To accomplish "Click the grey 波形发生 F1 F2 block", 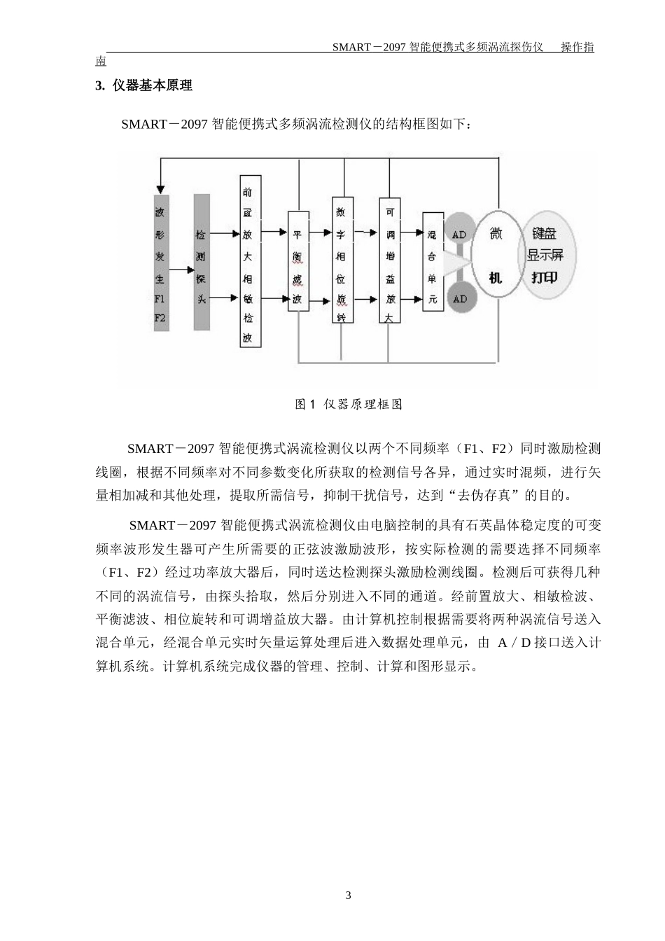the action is (161, 263).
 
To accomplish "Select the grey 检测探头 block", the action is (201, 263).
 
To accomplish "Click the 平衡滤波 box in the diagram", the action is (297, 260).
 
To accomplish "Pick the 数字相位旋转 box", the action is (342, 259).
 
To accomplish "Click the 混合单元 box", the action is (432, 260).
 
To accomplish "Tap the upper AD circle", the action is (459, 235).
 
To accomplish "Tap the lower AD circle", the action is (459, 299).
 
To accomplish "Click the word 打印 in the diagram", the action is (544, 278).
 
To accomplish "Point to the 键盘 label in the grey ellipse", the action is (544, 233).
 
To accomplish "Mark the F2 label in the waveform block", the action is (161, 317).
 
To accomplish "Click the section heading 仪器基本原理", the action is (152, 86).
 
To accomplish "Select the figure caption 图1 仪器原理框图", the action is (349, 405).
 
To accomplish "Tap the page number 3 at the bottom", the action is (348, 896).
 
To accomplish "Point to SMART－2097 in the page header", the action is (367, 48).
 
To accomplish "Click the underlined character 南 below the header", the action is (101, 62).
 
